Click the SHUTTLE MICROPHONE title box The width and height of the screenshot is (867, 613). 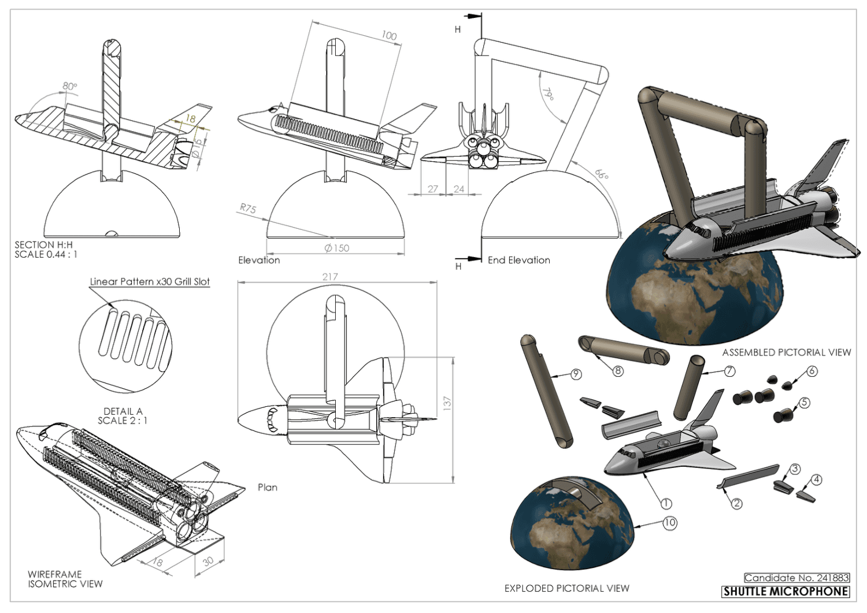click(x=786, y=591)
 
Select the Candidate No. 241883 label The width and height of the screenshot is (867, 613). click(x=797, y=578)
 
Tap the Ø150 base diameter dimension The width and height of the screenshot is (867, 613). click(x=337, y=248)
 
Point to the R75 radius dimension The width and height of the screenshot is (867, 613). click(x=248, y=209)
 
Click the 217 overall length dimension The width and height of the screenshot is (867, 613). click(x=330, y=277)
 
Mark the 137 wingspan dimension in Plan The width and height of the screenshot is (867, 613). click(x=447, y=403)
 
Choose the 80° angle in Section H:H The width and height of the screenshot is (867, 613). click(x=70, y=86)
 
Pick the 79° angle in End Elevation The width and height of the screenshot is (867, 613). click(x=548, y=94)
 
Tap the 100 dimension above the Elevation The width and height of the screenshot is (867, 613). click(x=389, y=36)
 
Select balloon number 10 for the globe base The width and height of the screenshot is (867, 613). click(x=669, y=523)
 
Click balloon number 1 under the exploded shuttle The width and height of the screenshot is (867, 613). click(x=666, y=503)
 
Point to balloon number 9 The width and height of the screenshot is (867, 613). click(x=576, y=374)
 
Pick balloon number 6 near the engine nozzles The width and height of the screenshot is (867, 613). click(x=812, y=371)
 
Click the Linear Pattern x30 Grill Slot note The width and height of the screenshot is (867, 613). click(x=150, y=281)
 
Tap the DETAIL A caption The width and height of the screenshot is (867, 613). click(x=123, y=411)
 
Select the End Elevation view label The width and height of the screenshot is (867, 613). click(x=518, y=260)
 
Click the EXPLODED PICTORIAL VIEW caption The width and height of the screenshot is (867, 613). click(x=567, y=588)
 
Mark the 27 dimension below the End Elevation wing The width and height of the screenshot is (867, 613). click(x=432, y=189)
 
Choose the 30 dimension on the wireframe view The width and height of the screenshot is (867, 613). click(x=208, y=562)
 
